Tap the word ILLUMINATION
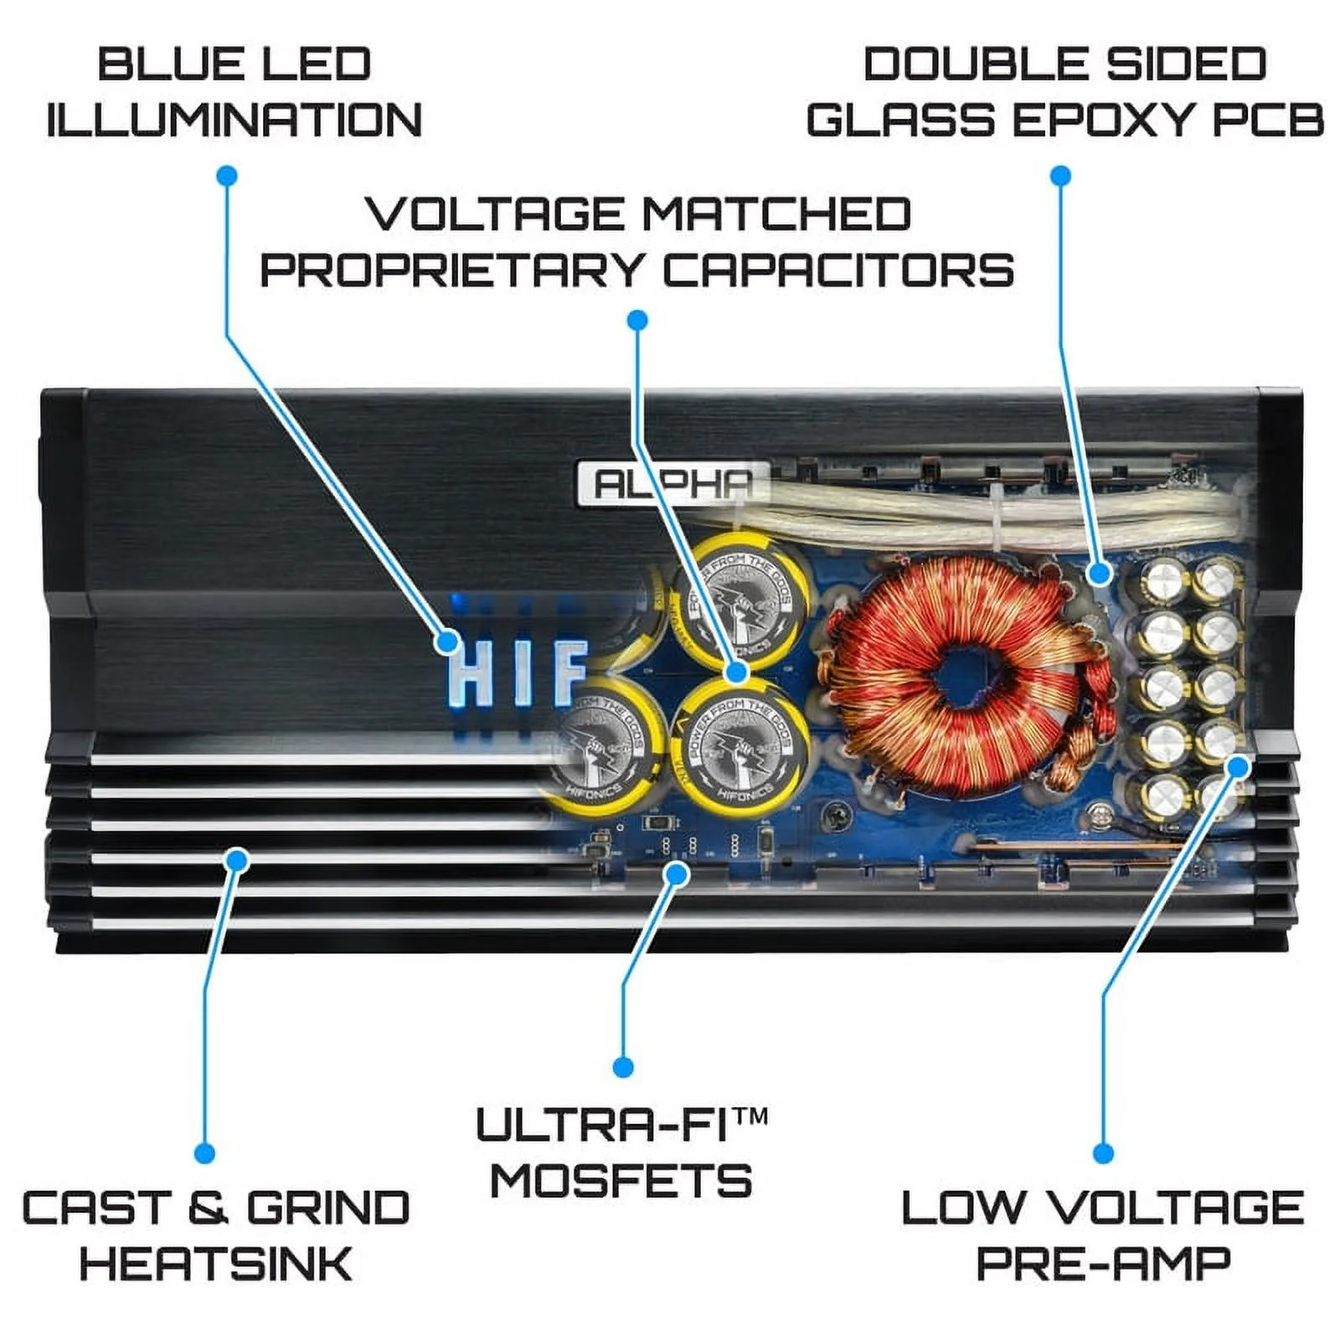click(x=234, y=120)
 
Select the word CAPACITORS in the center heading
click(x=838, y=271)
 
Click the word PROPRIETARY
click(x=452, y=271)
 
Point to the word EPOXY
click(x=1105, y=120)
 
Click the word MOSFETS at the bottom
click(x=621, y=1181)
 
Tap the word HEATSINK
click(x=216, y=1263)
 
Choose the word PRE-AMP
click(x=1103, y=1263)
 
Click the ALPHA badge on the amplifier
click(x=673, y=484)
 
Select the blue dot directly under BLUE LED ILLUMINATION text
click(x=227, y=176)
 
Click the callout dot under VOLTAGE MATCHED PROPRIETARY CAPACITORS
click(x=637, y=320)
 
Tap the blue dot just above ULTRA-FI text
click(x=622, y=1067)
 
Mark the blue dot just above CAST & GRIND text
click(x=204, y=1153)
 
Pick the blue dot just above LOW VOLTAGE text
click(x=1104, y=1153)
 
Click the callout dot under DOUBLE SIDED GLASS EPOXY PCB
click(x=1060, y=176)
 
